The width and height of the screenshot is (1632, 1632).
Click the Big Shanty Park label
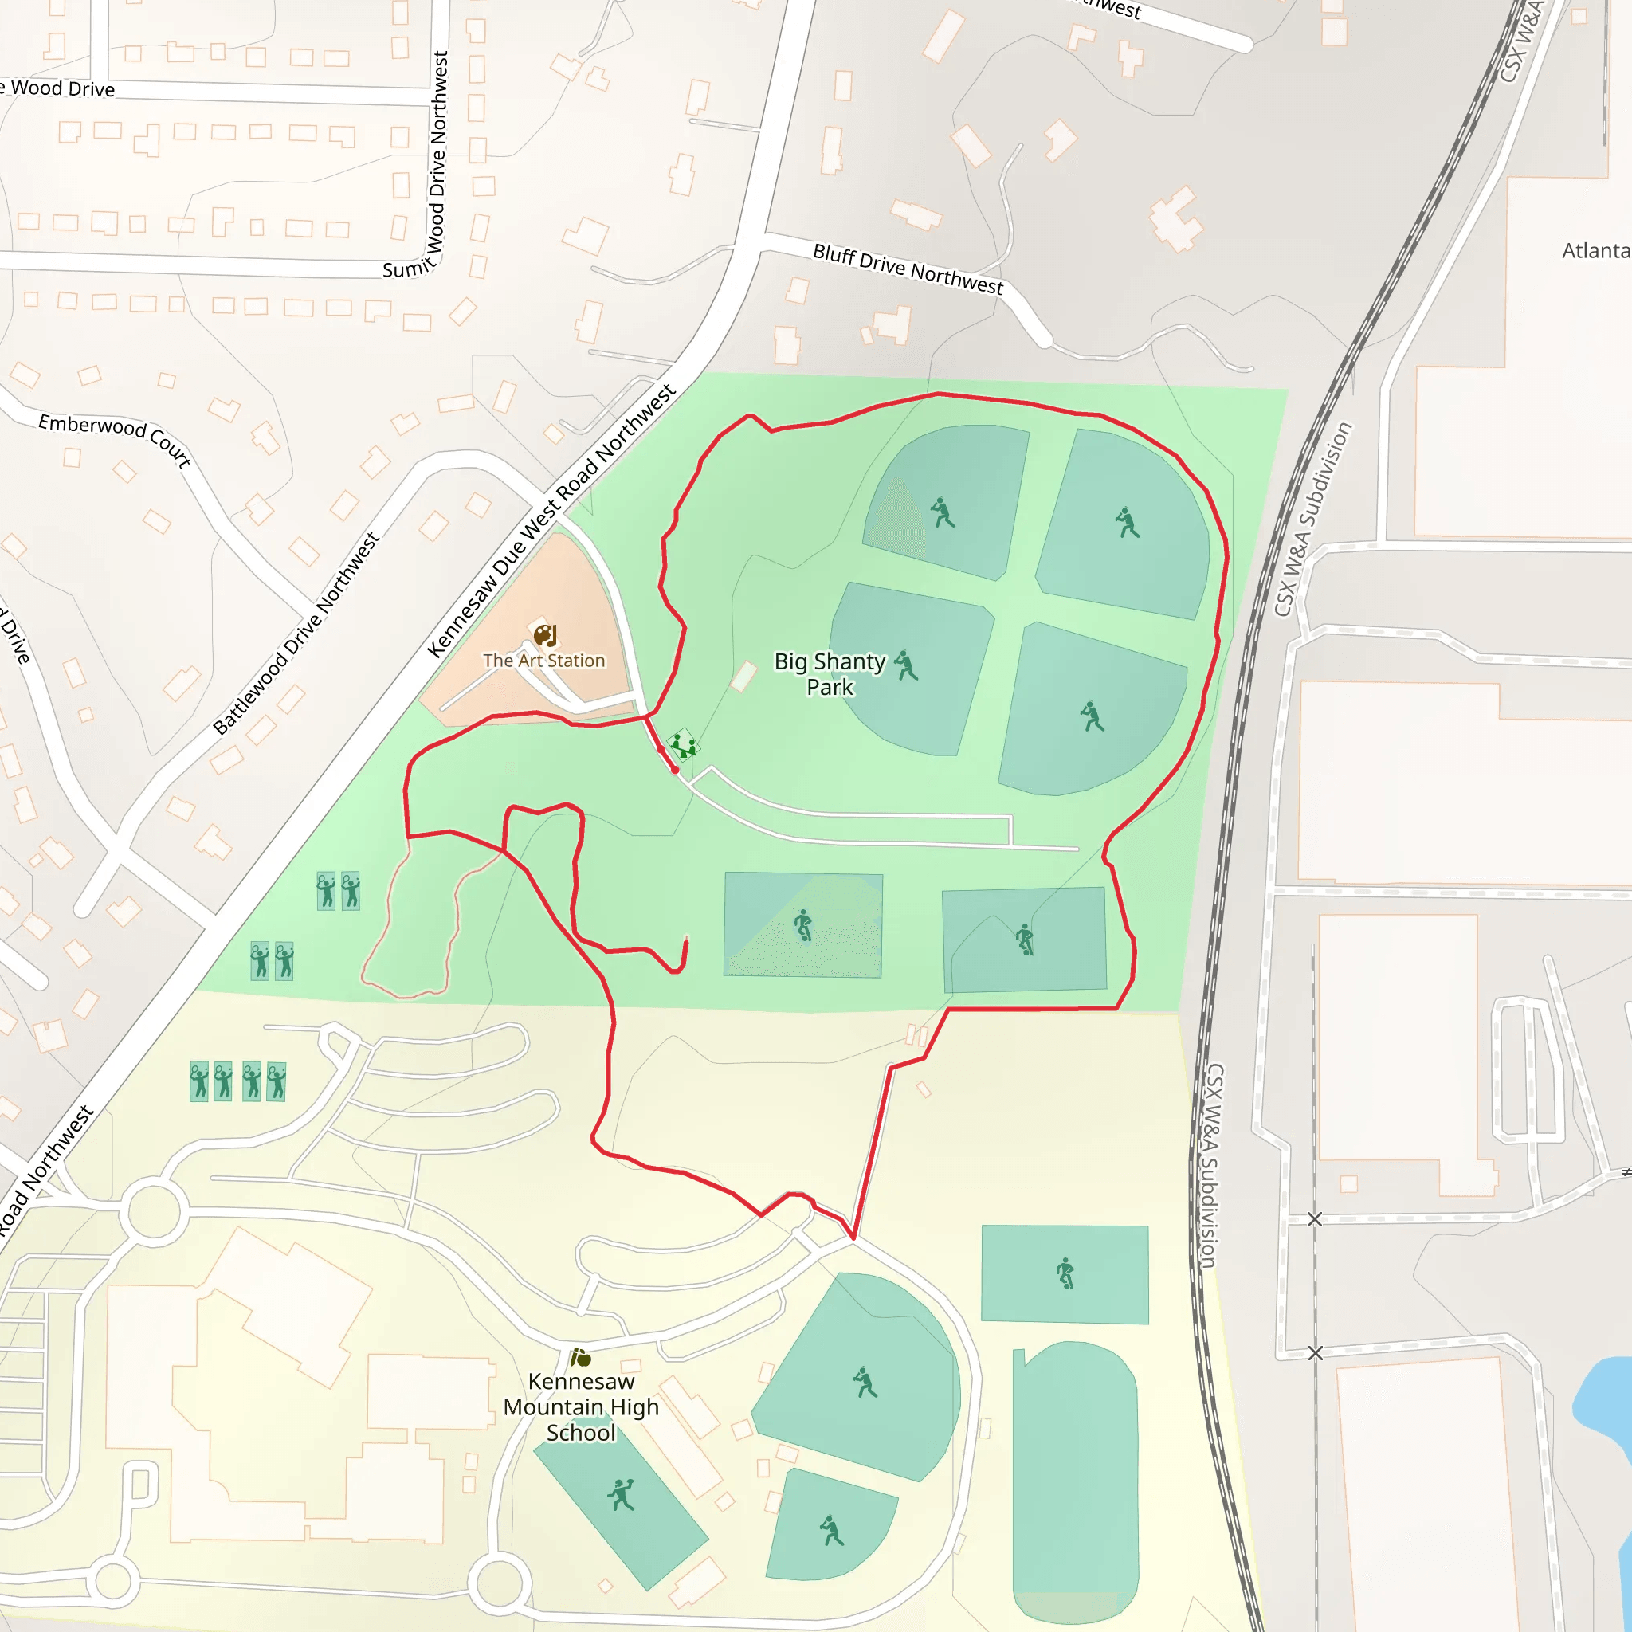(x=830, y=673)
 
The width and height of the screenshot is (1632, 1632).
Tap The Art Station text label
(x=544, y=661)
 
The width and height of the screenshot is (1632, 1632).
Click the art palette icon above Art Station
(x=545, y=634)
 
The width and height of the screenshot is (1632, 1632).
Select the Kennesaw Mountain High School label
(x=581, y=1406)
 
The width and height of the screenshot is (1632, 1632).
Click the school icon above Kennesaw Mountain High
(x=580, y=1357)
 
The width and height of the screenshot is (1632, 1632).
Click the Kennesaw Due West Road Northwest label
(x=551, y=520)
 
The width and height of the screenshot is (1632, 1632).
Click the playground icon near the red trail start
(x=683, y=746)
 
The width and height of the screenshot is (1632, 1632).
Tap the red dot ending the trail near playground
(x=675, y=770)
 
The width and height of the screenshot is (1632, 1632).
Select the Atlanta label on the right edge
(x=1595, y=251)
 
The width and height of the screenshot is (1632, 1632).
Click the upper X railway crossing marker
(x=1314, y=1219)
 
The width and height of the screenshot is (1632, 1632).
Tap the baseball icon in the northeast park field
(x=1127, y=522)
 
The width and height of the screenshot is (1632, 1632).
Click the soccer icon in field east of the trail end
(x=803, y=925)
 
